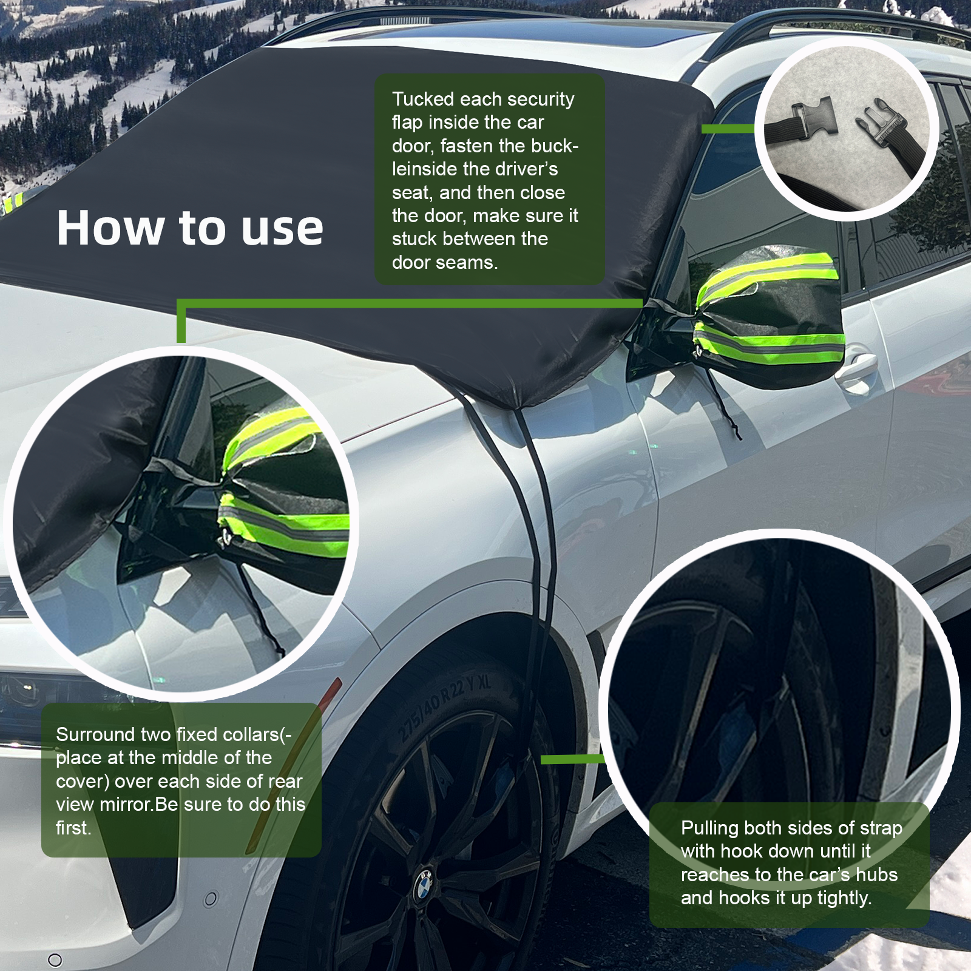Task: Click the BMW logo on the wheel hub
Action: (x=424, y=885)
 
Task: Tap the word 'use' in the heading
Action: (x=282, y=229)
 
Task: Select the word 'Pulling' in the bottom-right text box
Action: (x=709, y=828)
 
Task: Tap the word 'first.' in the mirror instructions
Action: (x=73, y=828)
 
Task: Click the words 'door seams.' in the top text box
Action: (x=444, y=263)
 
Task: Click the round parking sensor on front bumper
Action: (x=210, y=899)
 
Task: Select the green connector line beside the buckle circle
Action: (x=728, y=129)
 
